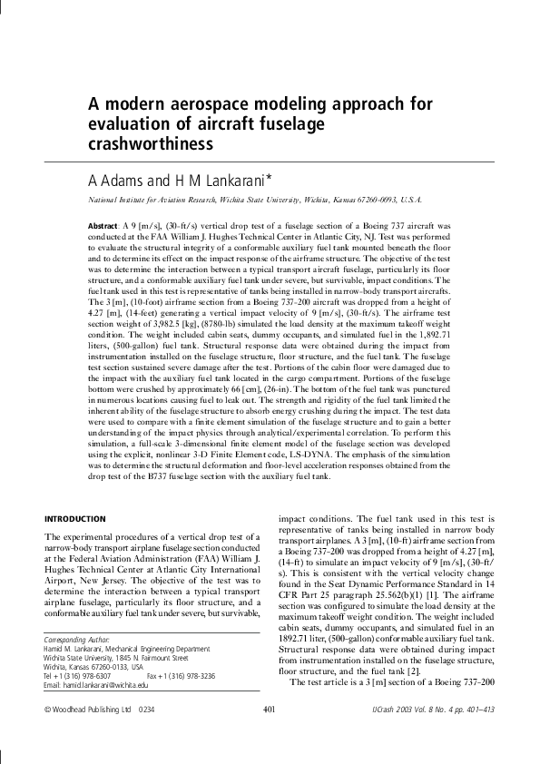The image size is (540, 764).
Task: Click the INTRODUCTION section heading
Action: coord(75,518)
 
